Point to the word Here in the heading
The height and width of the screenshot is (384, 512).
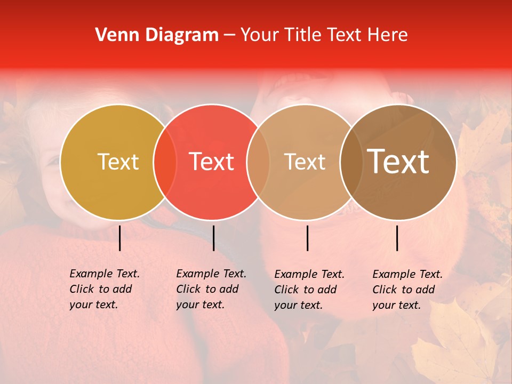(x=388, y=35)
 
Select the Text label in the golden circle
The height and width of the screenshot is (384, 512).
(x=118, y=162)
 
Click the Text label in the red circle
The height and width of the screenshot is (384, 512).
(x=212, y=162)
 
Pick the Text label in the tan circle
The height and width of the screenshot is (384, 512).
(x=305, y=162)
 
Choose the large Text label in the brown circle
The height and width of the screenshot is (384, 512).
(x=398, y=162)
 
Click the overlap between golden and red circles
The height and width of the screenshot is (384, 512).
(x=165, y=162)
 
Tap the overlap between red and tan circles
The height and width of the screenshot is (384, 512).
(x=258, y=162)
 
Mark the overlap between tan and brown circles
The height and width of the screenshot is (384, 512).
(x=351, y=162)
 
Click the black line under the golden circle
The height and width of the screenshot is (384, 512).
(x=120, y=238)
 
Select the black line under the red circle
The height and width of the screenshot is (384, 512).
(x=213, y=238)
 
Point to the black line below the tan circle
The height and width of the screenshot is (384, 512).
(x=307, y=238)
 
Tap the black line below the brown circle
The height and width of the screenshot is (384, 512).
(x=397, y=238)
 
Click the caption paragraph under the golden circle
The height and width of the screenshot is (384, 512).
(x=105, y=289)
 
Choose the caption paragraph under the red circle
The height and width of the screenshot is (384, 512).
(x=211, y=289)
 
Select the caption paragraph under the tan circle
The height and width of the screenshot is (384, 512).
(x=309, y=290)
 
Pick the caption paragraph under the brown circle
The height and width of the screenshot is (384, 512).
(x=407, y=290)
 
